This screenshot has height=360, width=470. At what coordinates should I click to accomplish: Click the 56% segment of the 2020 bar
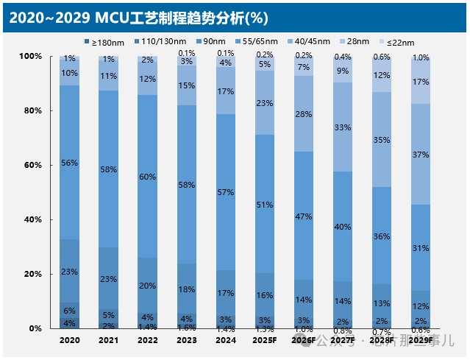click(x=69, y=162)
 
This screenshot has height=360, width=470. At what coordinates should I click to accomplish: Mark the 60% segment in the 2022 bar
click(x=148, y=177)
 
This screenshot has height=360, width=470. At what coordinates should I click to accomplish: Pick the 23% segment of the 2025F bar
click(x=265, y=103)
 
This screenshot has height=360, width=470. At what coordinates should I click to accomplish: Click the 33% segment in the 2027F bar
click(x=343, y=127)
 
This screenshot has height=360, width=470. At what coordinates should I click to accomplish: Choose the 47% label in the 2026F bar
click(x=304, y=216)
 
